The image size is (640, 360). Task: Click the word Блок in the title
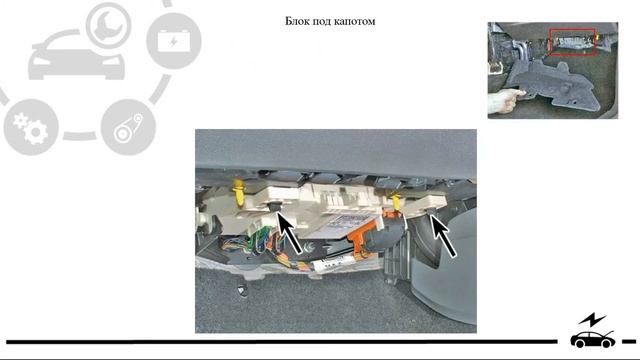point(297,21)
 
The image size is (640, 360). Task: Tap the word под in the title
point(322,22)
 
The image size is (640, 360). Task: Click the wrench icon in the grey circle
point(109,24)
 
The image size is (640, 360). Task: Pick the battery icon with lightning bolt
point(174,41)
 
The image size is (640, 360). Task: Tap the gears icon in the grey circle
point(31,127)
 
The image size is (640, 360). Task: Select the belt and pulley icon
point(128,127)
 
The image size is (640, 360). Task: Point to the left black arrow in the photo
point(291,232)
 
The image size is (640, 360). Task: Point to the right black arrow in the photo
point(443,236)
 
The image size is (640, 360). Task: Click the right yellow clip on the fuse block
point(395,202)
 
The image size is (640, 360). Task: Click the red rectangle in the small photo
point(572,42)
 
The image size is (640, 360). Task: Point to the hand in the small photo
point(504,100)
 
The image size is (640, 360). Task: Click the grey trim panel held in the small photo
point(551,84)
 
